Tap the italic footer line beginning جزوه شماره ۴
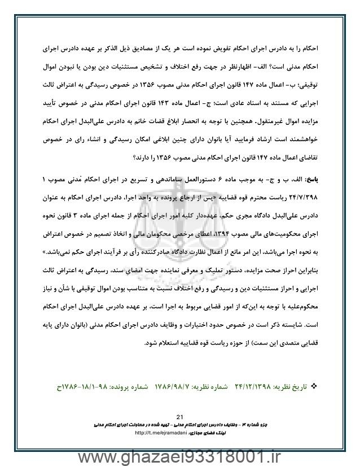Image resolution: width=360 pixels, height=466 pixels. point(180,422)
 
